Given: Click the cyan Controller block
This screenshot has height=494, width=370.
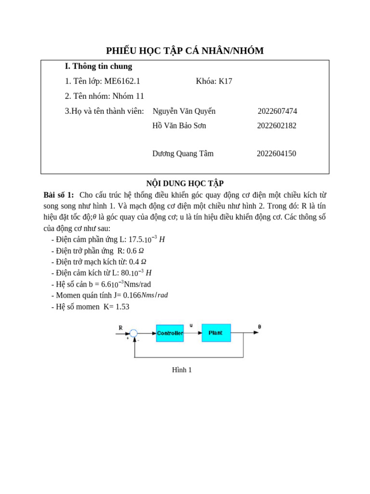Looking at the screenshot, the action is click(x=170, y=333).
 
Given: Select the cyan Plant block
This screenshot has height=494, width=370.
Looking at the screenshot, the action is click(x=216, y=332).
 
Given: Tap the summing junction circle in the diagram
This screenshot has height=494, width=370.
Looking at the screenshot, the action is click(x=133, y=333).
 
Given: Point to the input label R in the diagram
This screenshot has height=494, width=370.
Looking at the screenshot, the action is click(x=120, y=328).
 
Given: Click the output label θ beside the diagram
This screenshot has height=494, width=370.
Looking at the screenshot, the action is click(x=259, y=327).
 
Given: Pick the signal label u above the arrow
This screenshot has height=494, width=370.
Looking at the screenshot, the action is click(x=191, y=326).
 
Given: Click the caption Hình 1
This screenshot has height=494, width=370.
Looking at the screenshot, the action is click(x=182, y=370).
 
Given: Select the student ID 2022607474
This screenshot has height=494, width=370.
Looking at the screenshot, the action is click(x=277, y=111).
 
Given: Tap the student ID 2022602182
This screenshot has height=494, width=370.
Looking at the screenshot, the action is click(x=277, y=126).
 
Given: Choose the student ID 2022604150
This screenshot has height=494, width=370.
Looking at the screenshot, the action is click(x=276, y=154).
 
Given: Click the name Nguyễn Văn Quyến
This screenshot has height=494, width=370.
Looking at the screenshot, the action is click(x=184, y=111).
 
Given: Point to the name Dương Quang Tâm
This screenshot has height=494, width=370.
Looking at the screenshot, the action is click(x=183, y=154).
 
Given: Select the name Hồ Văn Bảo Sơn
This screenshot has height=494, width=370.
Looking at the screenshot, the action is click(x=179, y=126).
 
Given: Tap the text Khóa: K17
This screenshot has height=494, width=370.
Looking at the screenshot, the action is click(x=214, y=81).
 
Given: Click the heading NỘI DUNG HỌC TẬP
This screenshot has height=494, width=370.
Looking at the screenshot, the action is click(x=185, y=183).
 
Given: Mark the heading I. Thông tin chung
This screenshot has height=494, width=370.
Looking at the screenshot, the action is click(x=98, y=66).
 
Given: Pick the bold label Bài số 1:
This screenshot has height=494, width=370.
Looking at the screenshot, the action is click(x=59, y=195).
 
